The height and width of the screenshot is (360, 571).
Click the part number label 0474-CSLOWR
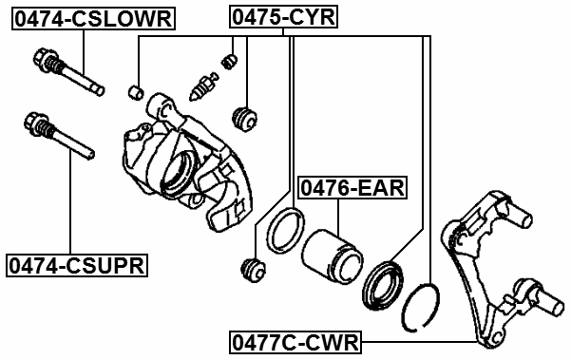92,17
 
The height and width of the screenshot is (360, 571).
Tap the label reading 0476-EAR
352,188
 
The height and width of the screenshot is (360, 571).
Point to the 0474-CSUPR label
76,265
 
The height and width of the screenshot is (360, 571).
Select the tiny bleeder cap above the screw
227,62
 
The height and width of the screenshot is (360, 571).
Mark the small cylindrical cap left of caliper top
136,91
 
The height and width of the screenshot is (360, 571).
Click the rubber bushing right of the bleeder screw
246,118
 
